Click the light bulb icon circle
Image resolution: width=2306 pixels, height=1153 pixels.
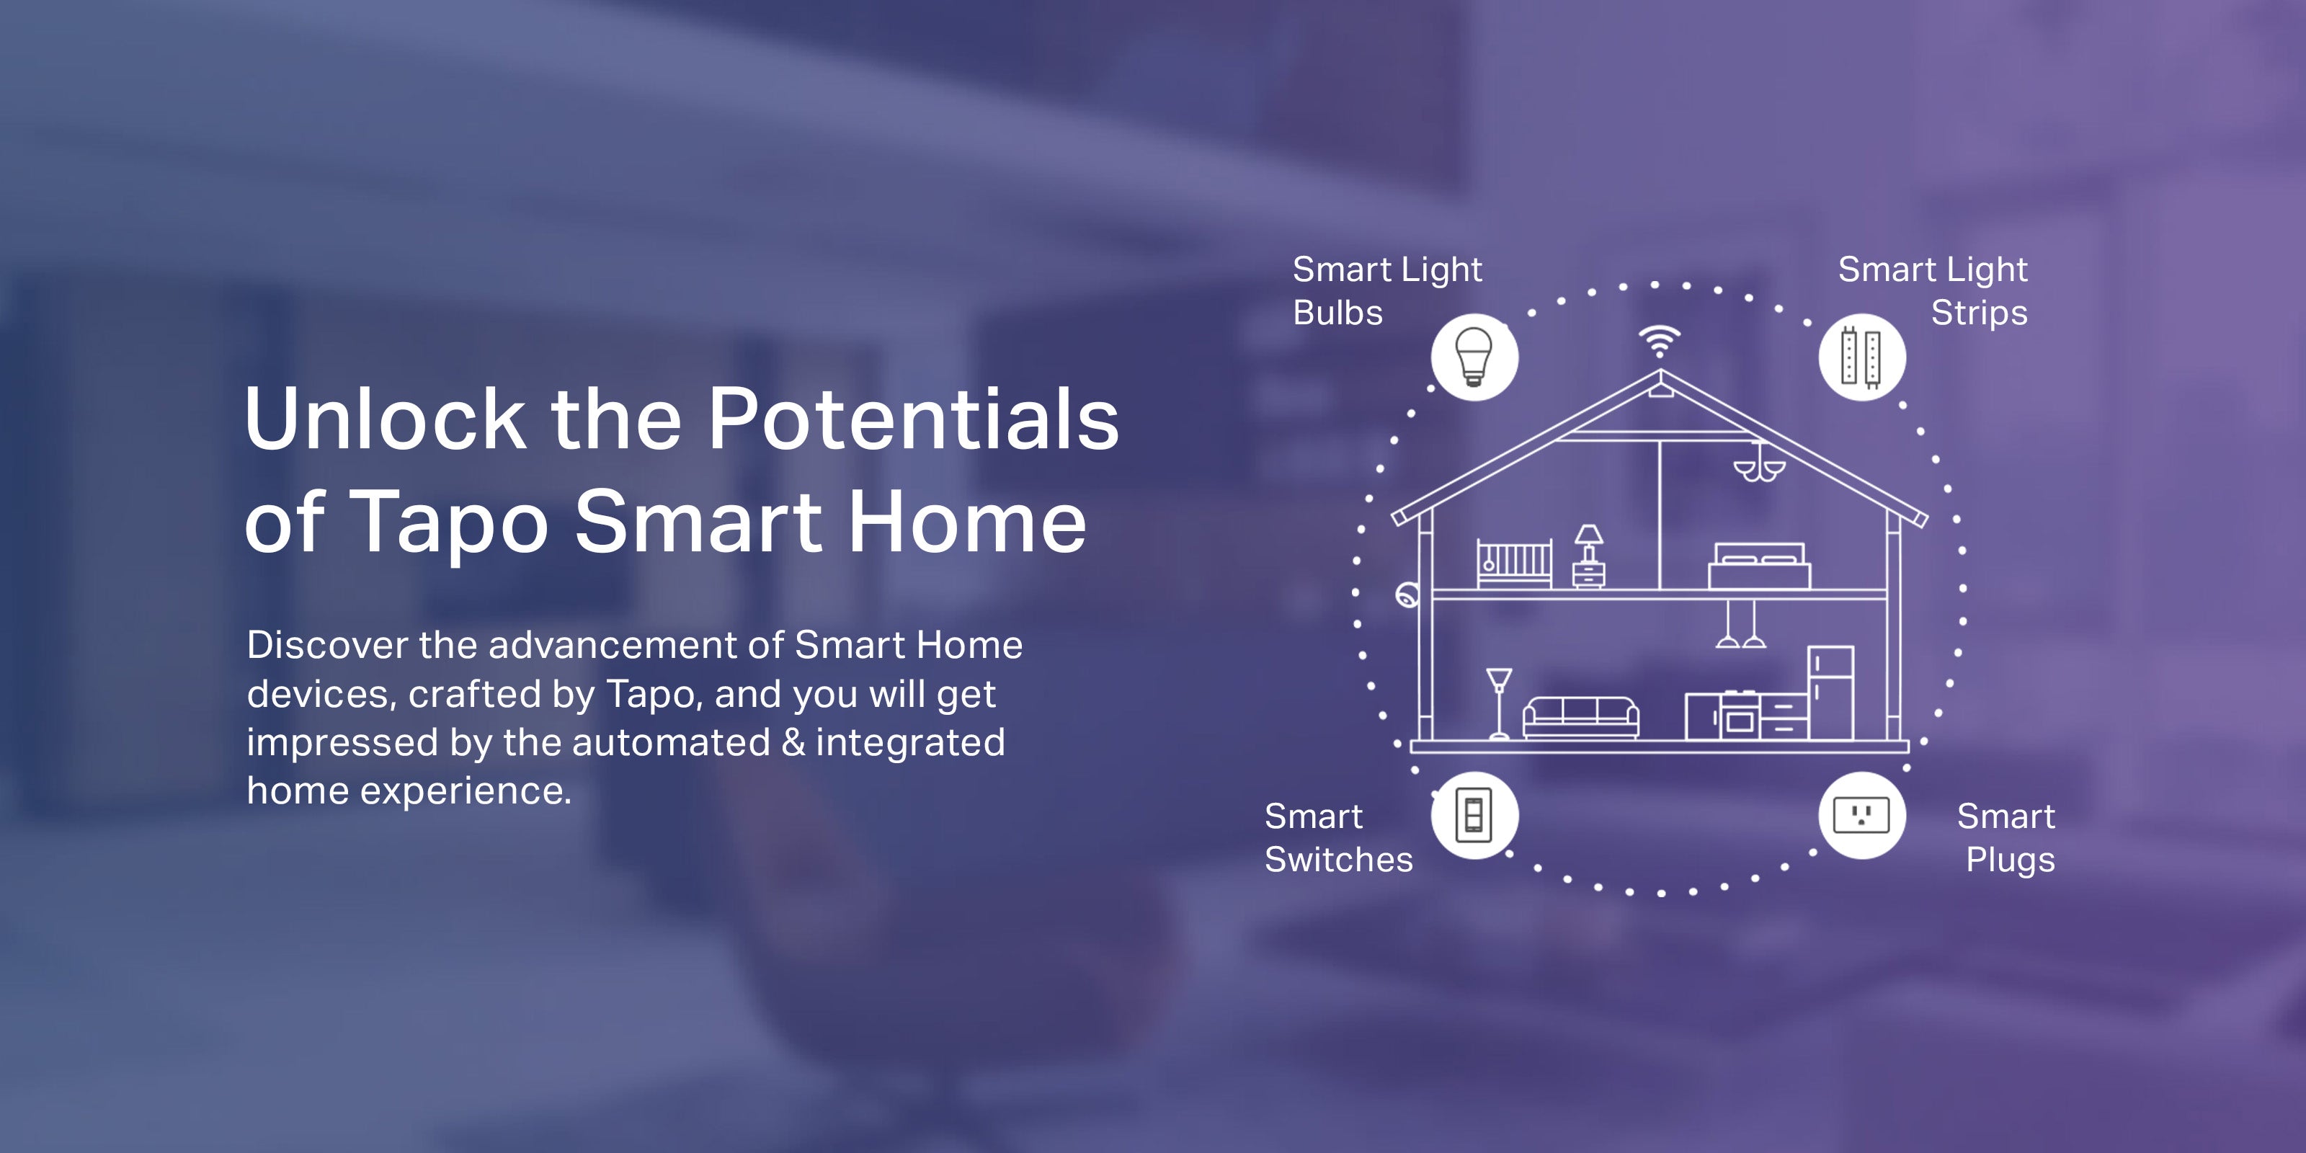click(x=1474, y=357)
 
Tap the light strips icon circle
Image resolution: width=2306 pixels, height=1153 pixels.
click(x=1862, y=357)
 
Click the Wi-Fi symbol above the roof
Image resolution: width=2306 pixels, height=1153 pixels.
click(x=1660, y=341)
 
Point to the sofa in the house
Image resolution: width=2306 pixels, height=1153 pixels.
click(x=1581, y=717)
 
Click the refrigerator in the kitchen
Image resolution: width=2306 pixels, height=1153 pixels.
click(x=1830, y=693)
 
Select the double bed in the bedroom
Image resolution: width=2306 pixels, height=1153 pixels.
click(x=1759, y=566)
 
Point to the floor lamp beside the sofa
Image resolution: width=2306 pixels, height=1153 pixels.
click(x=1499, y=703)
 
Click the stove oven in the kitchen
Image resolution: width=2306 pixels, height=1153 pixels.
click(x=1738, y=716)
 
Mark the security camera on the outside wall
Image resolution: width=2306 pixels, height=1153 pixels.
click(x=1407, y=595)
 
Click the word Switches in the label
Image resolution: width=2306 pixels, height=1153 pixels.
click(x=1338, y=860)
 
